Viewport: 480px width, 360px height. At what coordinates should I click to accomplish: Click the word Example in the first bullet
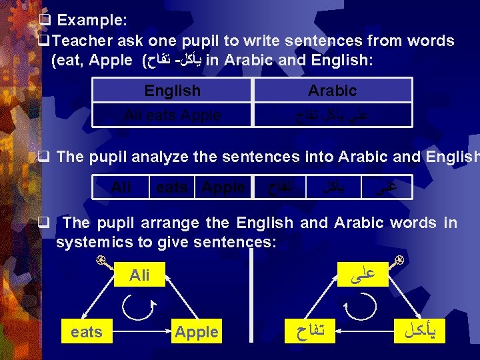[x=90, y=20]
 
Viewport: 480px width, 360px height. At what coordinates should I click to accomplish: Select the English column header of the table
[x=172, y=91]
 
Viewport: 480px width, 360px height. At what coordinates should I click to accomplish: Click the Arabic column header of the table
[x=332, y=91]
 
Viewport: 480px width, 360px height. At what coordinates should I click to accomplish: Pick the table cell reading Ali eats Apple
[x=172, y=115]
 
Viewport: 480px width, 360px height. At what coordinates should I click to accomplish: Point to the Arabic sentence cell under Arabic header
[x=332, y=115]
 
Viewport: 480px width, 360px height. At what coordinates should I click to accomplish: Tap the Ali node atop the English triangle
[x=139, y=275]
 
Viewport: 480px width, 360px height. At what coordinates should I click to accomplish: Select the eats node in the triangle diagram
[x=87, y=331]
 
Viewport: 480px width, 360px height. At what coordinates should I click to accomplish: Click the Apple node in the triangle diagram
[x=196, y=331]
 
